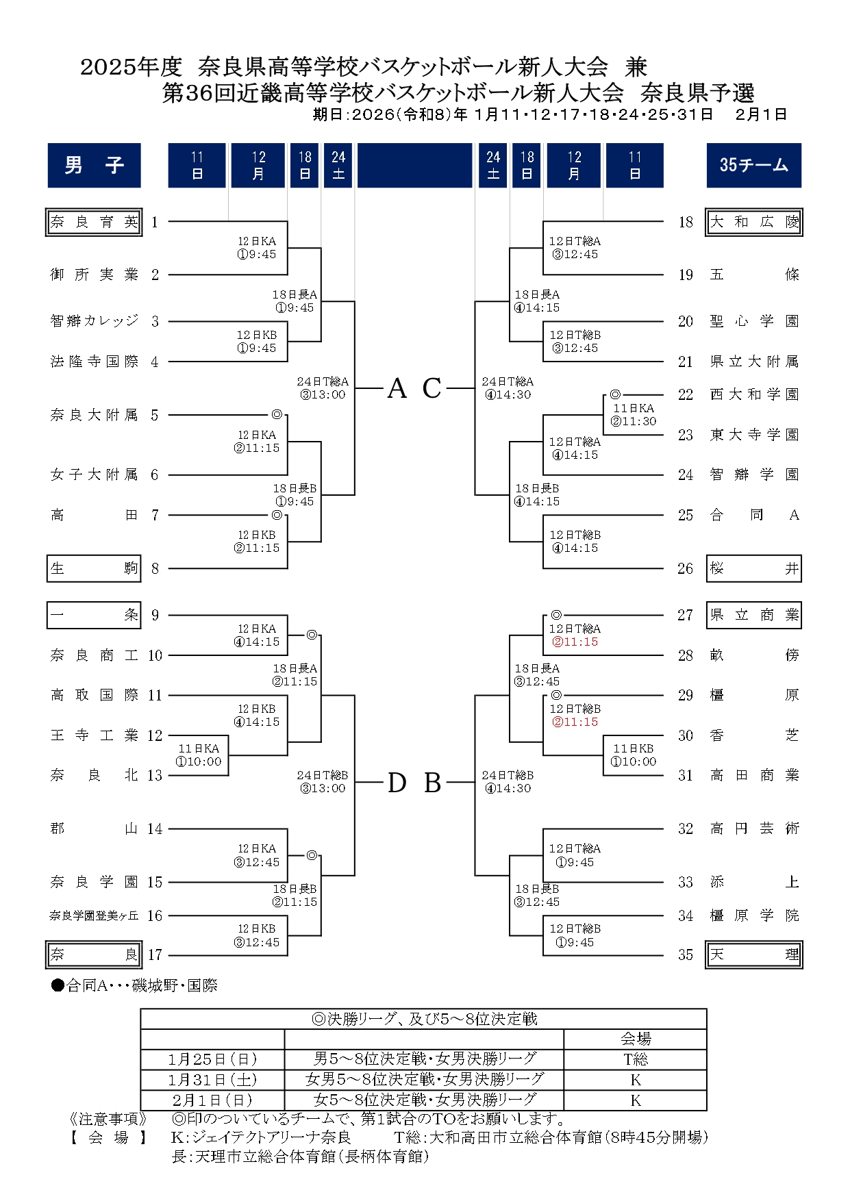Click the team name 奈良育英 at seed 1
[x=94, y=222]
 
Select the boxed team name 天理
[x=754, y=955]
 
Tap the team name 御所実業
[x=94, y=275]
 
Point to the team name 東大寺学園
[x=754, y=435]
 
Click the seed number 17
[x=155, y=955]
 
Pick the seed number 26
[x=685, y=568]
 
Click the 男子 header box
[x=94, y=165]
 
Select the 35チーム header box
[x=753, y=165]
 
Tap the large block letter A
[x=397, y=389]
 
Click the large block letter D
[x=397, y=783]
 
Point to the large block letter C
[x=432, y=389]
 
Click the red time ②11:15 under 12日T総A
[x=575, y=642]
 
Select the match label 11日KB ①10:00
[x=634, y=755]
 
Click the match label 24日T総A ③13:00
[x=323, y=388]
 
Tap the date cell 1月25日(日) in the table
[x=212, y=1059]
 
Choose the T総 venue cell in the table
[x=635, y=1059]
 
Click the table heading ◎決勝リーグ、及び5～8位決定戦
[x=424, y=1019]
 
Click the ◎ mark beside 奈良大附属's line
[x=277, y=414]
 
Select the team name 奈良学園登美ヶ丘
[x=94, y=915]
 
